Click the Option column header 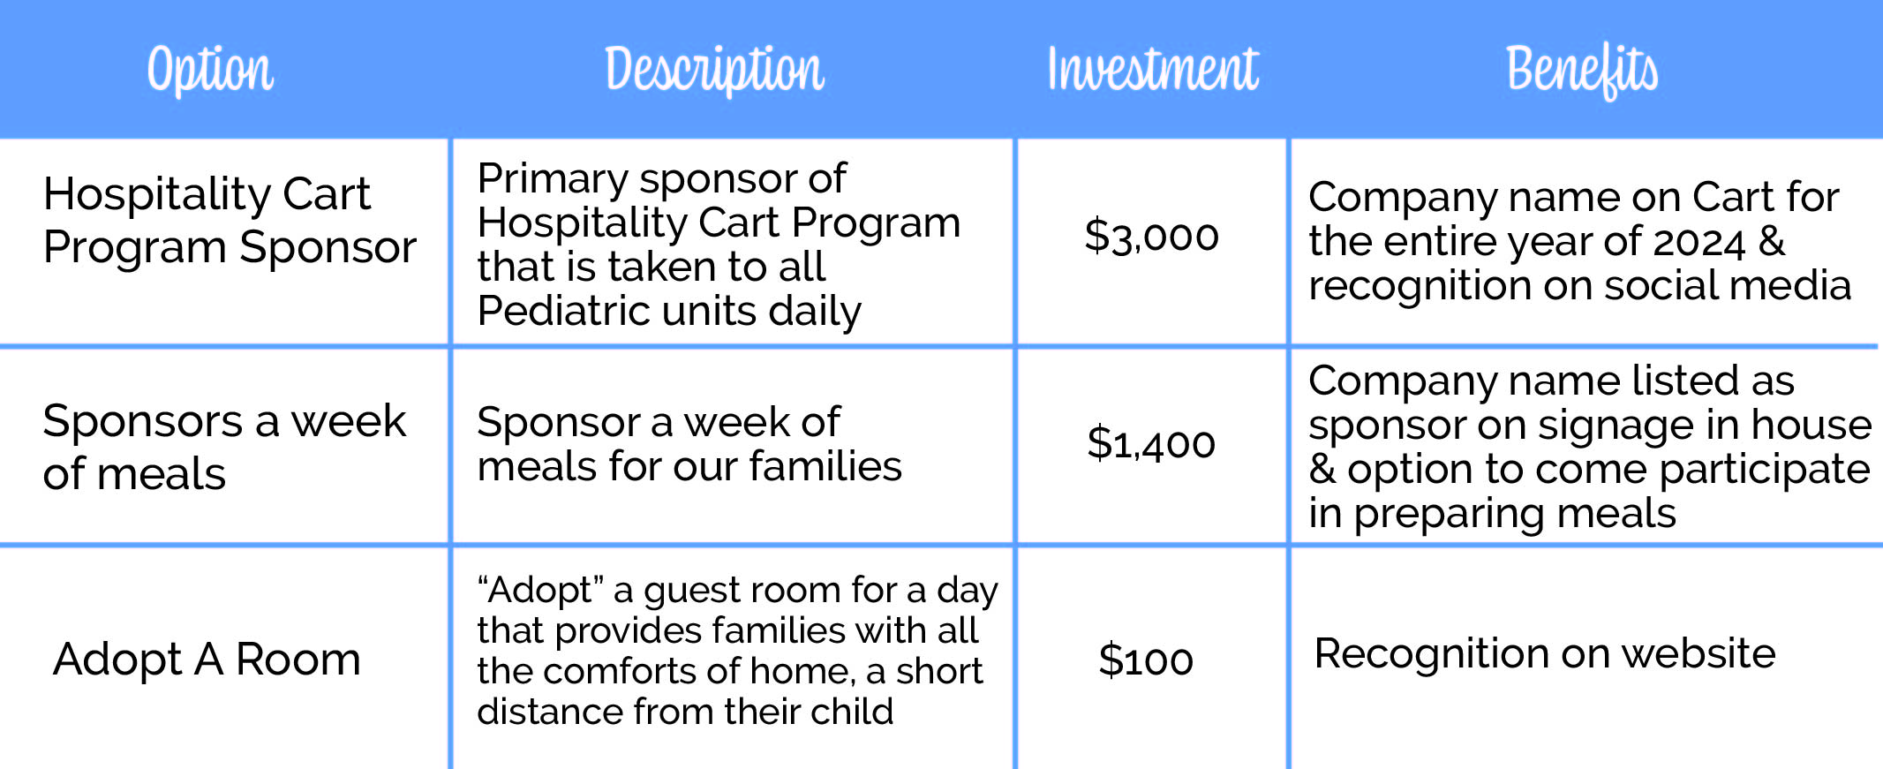[210, 69]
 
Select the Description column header [714, 69]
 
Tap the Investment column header [1152, 69]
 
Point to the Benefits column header [1581, 69]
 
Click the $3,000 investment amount [1151, 236]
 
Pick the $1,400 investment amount [1151, 443]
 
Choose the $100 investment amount [1146, 660]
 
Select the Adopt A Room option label [207, 659]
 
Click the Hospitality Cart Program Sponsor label [229, 220]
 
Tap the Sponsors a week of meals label [224, 447]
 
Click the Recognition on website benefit [1544, 654]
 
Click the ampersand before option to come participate [1322, 469]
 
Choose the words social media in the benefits [1727, 286]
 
